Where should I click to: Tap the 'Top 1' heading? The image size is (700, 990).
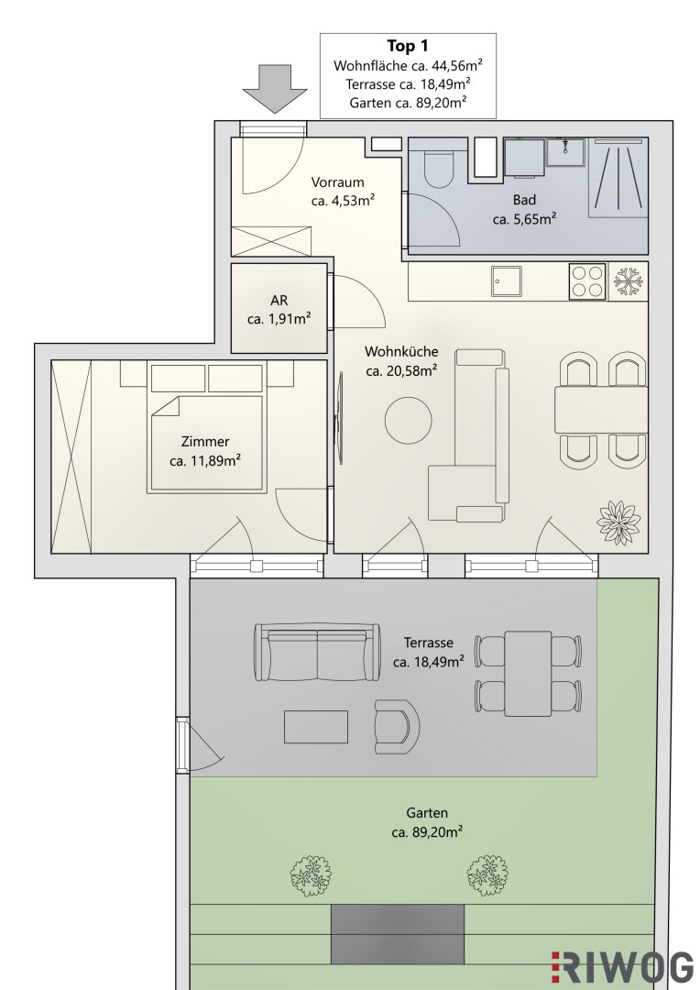tap(408, 46)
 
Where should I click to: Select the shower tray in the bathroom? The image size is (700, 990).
tap(618, 178)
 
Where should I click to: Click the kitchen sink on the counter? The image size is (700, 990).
tap(508, 281)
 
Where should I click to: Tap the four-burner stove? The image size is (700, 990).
tap(587, 281)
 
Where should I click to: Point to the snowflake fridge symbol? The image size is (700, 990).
tap(628, 281)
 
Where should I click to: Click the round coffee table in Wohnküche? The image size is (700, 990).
tap(409, 421)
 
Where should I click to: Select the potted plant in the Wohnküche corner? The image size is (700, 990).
tap(619, 522)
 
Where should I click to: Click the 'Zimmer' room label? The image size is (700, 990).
tap(205, 441)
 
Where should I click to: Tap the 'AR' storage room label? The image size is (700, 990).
tap(279, 301)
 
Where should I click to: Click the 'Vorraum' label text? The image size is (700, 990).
tap(338, 181)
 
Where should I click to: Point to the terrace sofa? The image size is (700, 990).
tap(318, 653)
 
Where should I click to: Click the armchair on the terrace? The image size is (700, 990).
tap(397, 727)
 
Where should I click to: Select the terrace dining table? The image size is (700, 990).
tap(528, 674)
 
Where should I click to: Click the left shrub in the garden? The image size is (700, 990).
tap(311, 875)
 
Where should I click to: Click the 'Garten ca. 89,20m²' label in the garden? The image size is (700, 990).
tap(427, 822)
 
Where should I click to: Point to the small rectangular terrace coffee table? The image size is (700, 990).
tap(315, 727)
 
